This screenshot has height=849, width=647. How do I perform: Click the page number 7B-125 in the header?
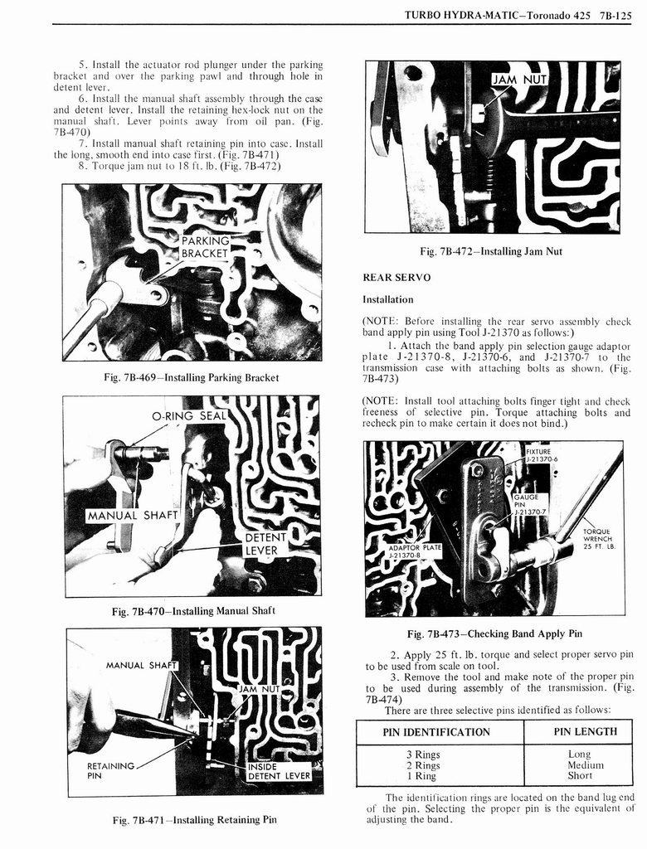point(614,14)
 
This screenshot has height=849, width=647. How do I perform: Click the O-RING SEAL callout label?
point(189,415)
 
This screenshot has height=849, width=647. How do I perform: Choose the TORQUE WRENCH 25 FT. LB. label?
point(597,539)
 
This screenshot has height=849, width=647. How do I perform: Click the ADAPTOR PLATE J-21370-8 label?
point(415,551)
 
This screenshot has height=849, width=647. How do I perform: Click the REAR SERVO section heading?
point(396,278)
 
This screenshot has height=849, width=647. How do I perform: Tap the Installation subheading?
point(387,299)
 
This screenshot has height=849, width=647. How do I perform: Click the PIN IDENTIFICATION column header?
point(436,732)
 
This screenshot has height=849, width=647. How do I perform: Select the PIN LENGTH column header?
point(585,731)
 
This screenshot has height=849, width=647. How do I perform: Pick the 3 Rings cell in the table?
point(423,754)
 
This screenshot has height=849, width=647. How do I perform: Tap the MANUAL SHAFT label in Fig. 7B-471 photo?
point(143,665)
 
